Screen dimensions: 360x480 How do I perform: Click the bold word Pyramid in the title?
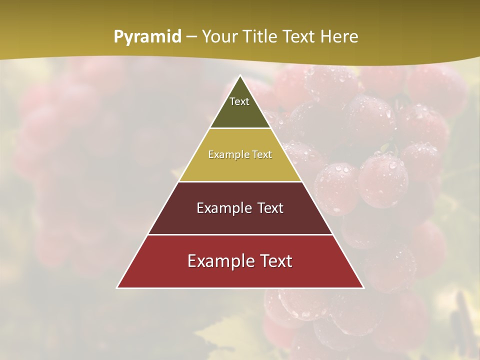147,37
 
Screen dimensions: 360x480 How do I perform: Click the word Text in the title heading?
299,36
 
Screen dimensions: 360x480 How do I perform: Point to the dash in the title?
191,37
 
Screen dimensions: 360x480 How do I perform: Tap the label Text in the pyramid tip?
239,101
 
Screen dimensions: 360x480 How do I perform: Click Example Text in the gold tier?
240,154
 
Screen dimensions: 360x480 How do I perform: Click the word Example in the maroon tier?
223,208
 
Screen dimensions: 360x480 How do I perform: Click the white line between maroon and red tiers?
240,234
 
